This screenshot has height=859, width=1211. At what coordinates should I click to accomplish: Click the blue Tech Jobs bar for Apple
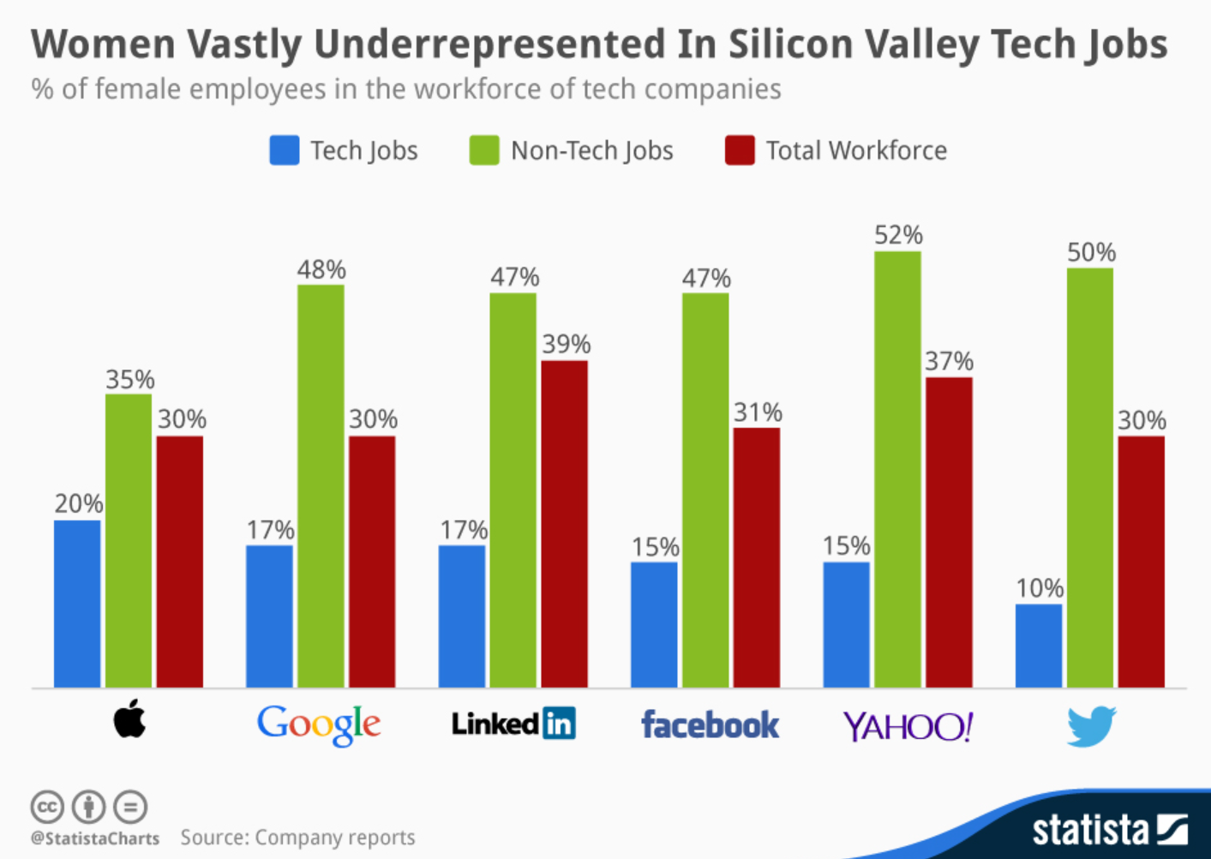point(77,604)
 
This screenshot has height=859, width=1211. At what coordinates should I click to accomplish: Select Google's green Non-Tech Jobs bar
point(321,486)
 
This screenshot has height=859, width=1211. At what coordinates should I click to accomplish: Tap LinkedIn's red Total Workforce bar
point(564,524)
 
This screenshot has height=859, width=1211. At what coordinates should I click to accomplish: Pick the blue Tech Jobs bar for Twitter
point(1039,646)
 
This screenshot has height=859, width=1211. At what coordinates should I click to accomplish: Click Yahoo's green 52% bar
point(897,469)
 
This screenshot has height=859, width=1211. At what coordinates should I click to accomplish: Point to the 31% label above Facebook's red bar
point(758,413)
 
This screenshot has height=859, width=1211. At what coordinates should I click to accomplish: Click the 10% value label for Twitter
point(1040,588)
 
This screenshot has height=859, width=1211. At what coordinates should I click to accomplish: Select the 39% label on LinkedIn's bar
point(566,345)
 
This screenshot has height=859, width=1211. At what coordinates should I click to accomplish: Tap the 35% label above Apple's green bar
point(129,380)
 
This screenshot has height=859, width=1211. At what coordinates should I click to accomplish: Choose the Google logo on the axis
point(319,725)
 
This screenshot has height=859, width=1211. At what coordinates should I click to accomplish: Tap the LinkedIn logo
point(513,724)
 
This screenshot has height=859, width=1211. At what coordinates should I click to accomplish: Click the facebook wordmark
point(710,725)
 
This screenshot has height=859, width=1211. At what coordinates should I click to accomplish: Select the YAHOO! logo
point(908,727)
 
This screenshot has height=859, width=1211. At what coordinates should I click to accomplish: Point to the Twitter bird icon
point(1091,725)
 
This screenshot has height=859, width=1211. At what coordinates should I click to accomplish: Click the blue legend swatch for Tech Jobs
point(285,150)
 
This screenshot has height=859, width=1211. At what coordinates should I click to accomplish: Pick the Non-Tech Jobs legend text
point(591,151)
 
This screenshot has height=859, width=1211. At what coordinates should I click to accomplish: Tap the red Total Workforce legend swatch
point(740,150)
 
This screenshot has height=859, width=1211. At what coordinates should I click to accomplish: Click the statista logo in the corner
point(1109,829)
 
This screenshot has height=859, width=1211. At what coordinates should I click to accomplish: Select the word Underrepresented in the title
point(489,45)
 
